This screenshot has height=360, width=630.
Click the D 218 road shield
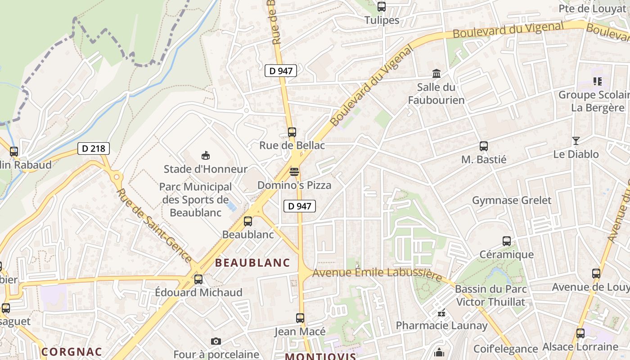coord(94,148)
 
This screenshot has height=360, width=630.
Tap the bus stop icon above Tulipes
coord(382,7)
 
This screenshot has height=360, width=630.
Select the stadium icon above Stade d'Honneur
coord(206,156)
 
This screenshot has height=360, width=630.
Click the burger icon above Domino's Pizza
coord(294,172)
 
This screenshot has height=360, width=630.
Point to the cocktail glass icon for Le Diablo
coord(576,141)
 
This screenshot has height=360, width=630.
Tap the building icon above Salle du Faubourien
coord(436,73)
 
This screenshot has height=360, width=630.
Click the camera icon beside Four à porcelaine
coord(216,342)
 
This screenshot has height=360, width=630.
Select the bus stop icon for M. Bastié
coord(484,146)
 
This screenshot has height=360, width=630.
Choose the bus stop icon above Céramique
coord(507,241)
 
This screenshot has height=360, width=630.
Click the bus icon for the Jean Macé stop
coord(300,318)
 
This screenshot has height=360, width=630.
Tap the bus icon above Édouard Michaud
coord(198,279)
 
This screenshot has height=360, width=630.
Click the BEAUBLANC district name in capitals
coord(252,263)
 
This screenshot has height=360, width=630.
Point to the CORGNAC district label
coord(72,351)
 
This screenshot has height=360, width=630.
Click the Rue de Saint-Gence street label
coord(154,225)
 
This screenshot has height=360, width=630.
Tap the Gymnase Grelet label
coord(511,200)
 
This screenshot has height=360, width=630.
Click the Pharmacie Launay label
coord(441,325)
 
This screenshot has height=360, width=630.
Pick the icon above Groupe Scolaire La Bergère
coord(598,81)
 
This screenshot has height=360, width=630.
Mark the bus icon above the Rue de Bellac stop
coord(292,132)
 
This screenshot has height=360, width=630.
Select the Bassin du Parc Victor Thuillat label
coord(491,295)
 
